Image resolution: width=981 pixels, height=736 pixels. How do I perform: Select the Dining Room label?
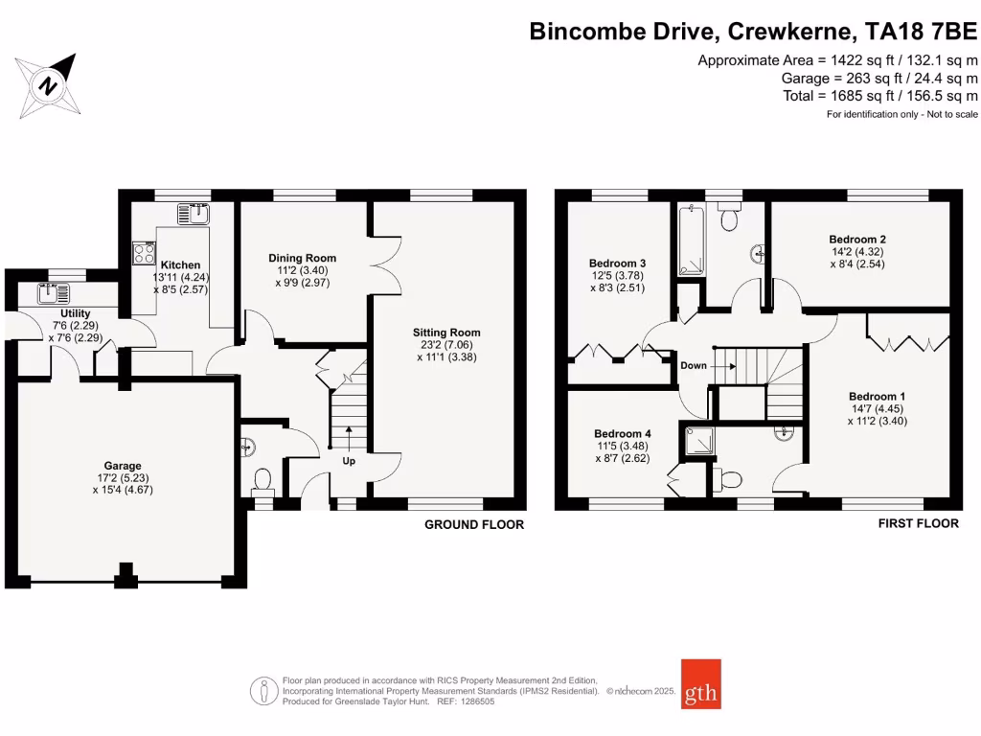pyautogui.click(x=302, y=258)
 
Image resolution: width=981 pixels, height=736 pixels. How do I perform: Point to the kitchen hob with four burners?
pyautogui.click(x=144, y=253)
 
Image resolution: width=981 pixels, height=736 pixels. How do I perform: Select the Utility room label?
pyautogui.click(x=75, y=313)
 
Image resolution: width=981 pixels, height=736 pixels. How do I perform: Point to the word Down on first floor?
pyautogui.click(x=694, y=366)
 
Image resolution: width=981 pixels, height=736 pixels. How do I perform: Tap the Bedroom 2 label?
pyautogui.click(x=857, y=240)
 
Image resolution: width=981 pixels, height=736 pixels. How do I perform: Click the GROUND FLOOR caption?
pyautogui.click(x=474, y=525)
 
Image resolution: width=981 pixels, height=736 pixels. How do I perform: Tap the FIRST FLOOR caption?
pyautogui.click(x=919, y=524)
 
